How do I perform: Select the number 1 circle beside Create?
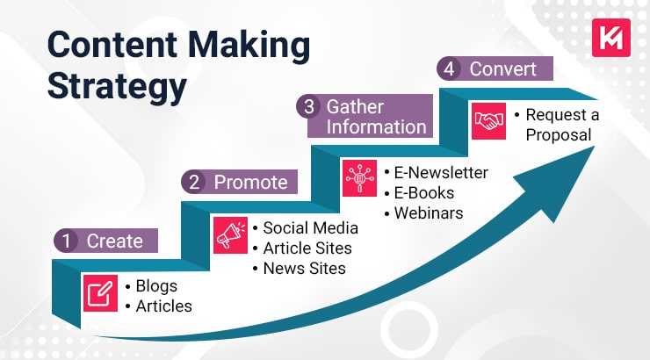coord(66,241)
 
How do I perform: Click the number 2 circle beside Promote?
coord(193,183)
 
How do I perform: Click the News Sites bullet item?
coord(304,269)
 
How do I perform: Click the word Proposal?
coord(559,134)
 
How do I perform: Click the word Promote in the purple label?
coord(250,183)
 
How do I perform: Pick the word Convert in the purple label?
coord(504,68)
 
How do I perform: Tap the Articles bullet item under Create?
coord(163,306)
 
